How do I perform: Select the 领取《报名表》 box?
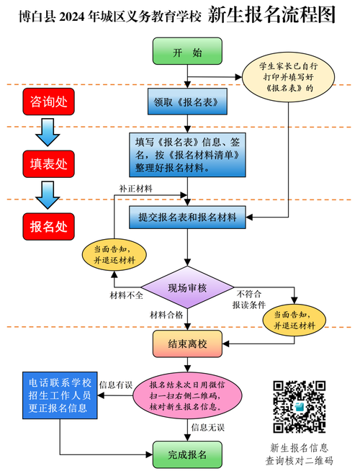pos(187,102)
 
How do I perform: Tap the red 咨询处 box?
pos(48,102)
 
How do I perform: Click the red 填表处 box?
pos(48,163)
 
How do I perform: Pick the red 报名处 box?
pos(48,227)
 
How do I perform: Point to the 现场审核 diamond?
pos(187,288)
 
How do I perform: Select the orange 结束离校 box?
pos(187,344)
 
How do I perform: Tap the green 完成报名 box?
pos(187,454)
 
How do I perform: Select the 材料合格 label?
pos(166,315)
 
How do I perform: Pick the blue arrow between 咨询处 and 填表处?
pos(48,132)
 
